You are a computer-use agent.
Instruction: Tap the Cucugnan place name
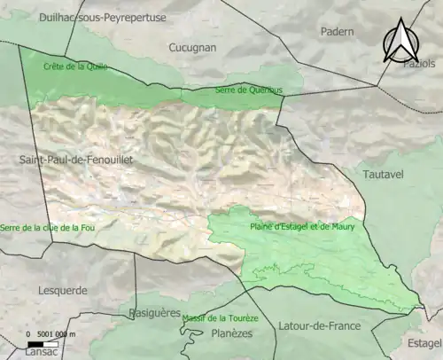[189, 45]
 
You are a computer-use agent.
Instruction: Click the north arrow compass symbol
[400, 42]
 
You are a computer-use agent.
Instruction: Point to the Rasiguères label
[154, 313]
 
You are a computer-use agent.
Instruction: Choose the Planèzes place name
[234, 333]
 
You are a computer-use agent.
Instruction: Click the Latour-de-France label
[319, 325]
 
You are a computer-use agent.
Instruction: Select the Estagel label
[424, 342]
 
